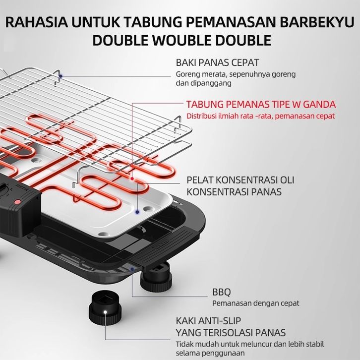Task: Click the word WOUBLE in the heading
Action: (182, 40)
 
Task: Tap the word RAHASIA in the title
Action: (37, 22)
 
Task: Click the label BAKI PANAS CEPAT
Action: (217, 62)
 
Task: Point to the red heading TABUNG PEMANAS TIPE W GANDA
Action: (261, 104)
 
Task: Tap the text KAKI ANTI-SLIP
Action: (208, 321)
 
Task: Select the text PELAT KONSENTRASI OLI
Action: (240, 180)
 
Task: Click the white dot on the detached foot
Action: (105, 312)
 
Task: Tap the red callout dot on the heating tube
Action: (132, 179)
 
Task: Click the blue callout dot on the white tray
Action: (137, 212)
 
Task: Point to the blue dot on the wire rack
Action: (60, 76)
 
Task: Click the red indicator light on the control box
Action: (17, 202)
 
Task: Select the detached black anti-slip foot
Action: (105, 307)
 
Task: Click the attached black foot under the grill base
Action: (156, 277)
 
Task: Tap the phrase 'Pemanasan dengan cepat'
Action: (255, 303)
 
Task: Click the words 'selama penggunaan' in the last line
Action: (210, 353)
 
